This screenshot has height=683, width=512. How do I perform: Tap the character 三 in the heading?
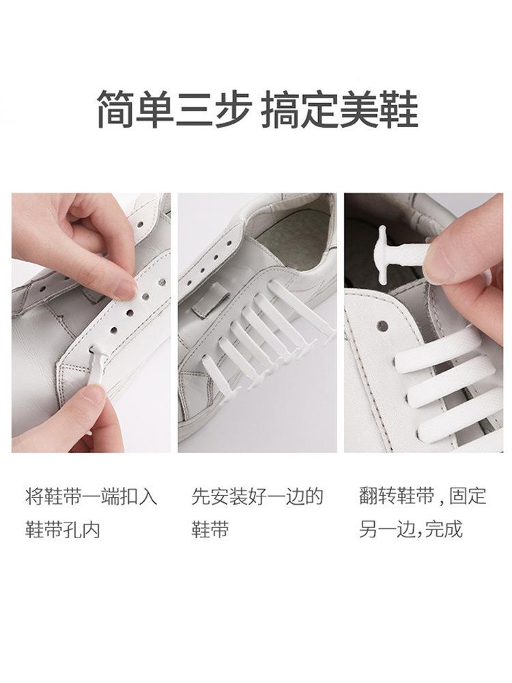(195, 109)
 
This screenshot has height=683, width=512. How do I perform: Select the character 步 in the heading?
(233, 109)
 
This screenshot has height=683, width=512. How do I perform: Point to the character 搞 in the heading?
(281, 109)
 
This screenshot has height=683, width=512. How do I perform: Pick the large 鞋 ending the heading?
(399, 109)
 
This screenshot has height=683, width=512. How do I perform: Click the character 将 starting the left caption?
(34, 497)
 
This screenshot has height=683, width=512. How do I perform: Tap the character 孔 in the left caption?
(72, 529)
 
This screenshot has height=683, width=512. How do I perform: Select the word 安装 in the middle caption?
(229, 497)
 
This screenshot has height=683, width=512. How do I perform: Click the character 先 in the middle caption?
(201, 497)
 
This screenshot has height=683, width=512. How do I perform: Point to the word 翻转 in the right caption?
(378, 497)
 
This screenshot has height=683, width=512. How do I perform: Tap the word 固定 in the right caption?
(468, 497)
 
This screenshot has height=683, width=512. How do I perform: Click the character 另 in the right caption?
(369, 529)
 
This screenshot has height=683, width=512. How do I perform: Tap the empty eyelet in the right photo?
(383, 324)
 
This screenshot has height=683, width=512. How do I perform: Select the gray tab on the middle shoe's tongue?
(210, 301)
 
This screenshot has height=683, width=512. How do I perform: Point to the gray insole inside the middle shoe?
(293, 245)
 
